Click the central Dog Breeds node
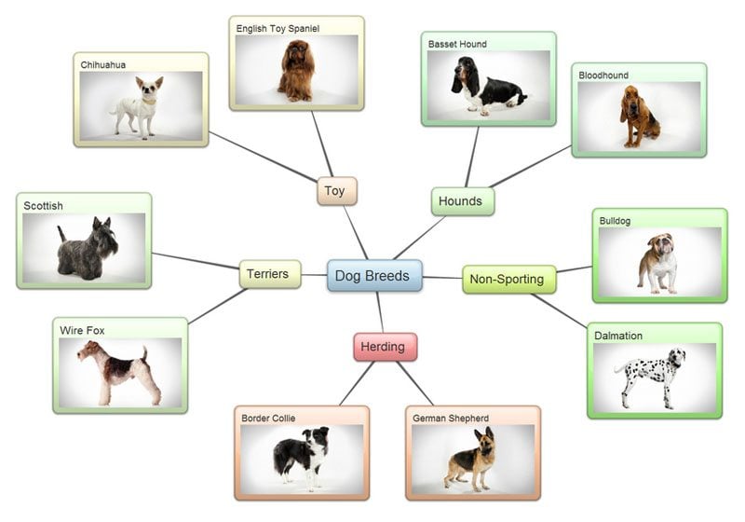(x=374, y=276)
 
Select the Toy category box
(x=335, y=191)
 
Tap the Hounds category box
(x=462, y=201)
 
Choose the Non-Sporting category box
(x=508, y=279)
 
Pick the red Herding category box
(x=385, y=347)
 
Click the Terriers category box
(x=270, y=274)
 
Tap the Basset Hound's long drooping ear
(x=459, y=83)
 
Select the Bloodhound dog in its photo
(x=638, y=117)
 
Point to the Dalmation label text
(x=618, y=336)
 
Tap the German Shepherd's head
(x=482, y=439)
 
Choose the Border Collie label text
(x=268, y=419)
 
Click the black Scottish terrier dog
(x=88, y=250)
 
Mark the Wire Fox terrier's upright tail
(x=144, y=355)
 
